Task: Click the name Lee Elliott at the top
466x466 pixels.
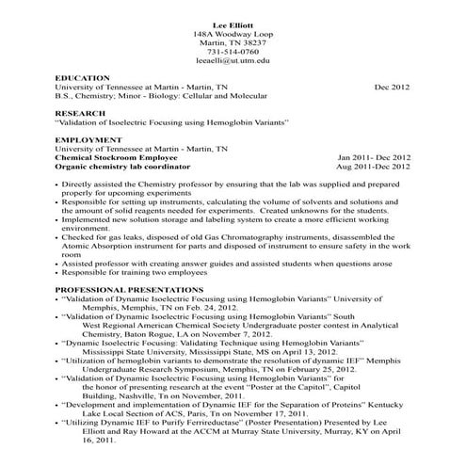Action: [x=232, y=22]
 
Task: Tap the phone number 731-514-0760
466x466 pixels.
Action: [x=232, y=51]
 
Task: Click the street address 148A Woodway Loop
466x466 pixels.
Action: [x=232, y=32]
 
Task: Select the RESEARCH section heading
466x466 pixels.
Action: [x=80, y=112]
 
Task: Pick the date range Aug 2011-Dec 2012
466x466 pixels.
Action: [x=376, y=166]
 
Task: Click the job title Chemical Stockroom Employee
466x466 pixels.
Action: [x=112, y=157]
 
